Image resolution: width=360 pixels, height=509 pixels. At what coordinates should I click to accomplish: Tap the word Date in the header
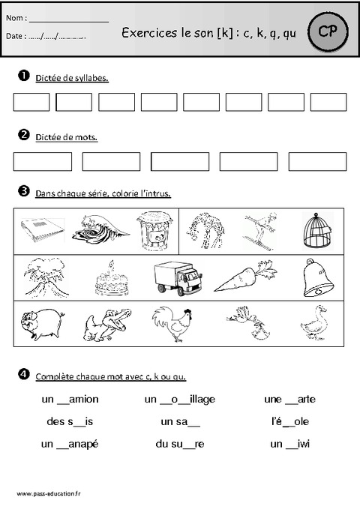pyautogui.click(x=16, y=35)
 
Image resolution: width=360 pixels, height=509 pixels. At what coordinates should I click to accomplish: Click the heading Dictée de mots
pyautogui.click(x=66, y=137)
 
